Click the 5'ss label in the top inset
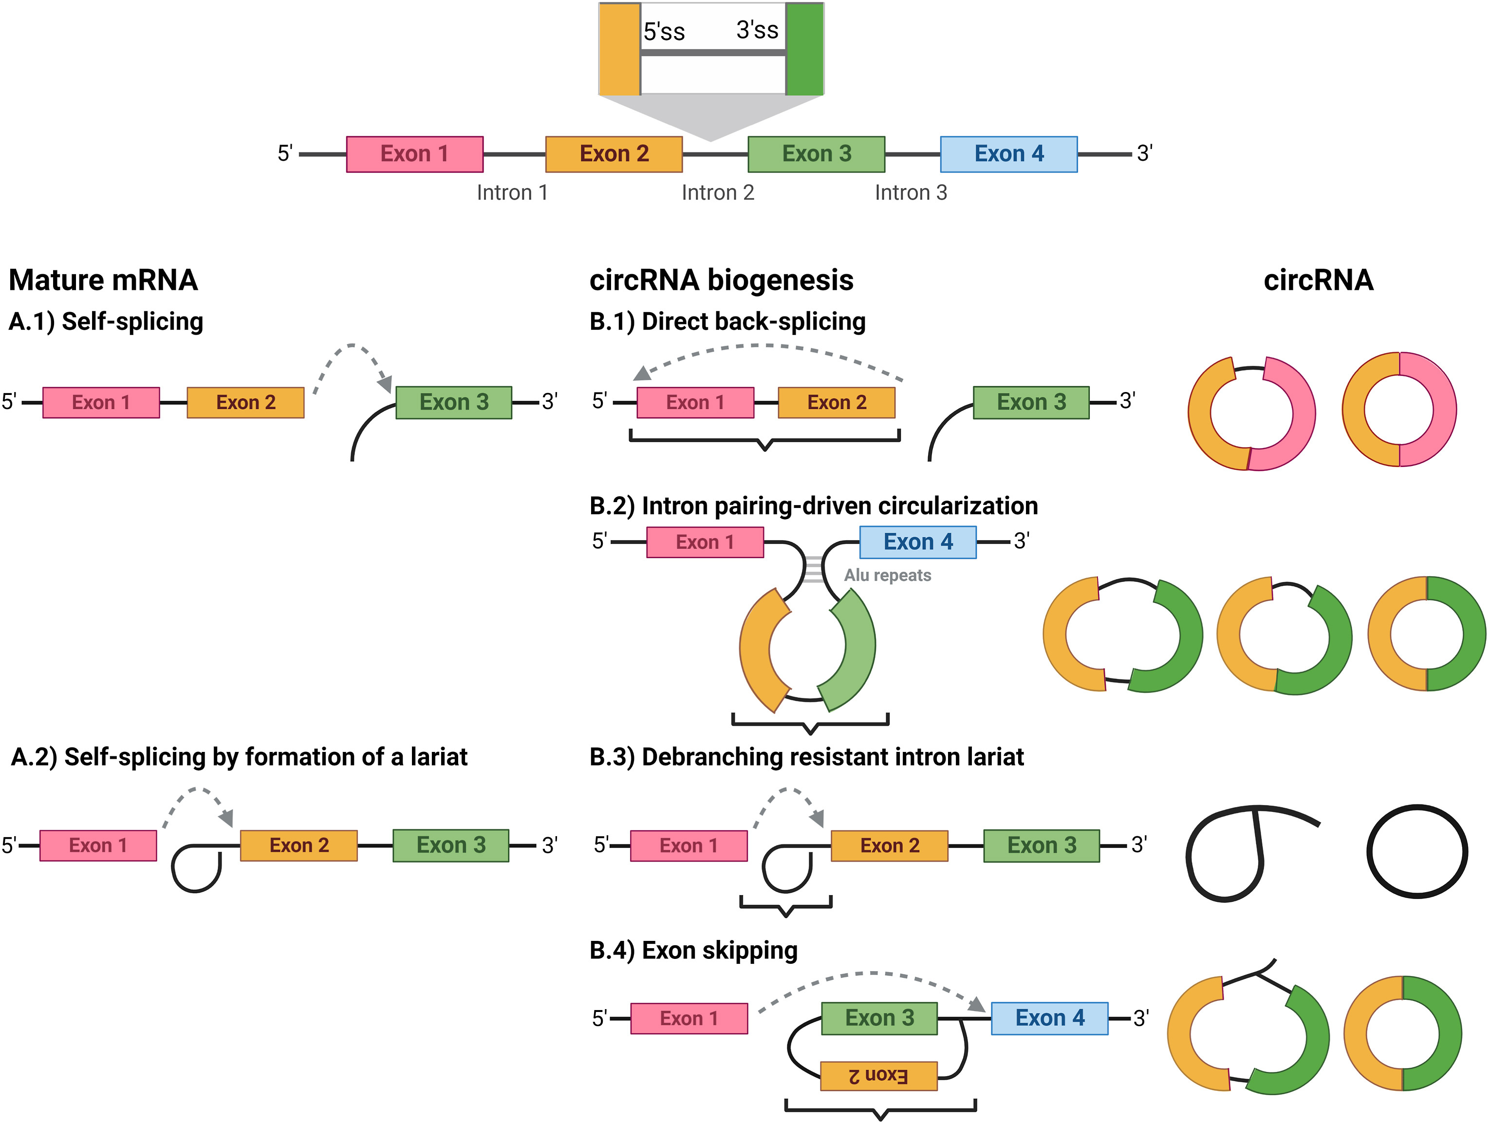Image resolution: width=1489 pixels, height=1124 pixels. coord(664,32)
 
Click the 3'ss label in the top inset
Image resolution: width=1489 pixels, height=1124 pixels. coord(757,30)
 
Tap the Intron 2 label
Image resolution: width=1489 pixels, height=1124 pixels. coord(718,192)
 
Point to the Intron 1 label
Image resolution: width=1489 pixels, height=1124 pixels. coord(512,192)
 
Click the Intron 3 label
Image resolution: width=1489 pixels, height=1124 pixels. coord(911,192)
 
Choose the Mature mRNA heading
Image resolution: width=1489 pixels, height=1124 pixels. coord(103,280)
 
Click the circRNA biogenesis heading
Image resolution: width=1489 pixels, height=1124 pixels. coord(721,280)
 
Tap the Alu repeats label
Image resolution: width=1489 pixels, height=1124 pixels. coord(887,575)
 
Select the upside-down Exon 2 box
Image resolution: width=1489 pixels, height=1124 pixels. coord(878,1075)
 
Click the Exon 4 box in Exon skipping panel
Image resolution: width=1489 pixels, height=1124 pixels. coord(1049,1018)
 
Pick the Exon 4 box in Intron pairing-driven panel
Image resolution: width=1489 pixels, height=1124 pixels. coord(917,542)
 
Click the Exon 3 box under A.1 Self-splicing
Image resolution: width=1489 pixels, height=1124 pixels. coord(454,403)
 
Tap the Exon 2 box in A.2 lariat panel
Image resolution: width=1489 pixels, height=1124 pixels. coord(299,845)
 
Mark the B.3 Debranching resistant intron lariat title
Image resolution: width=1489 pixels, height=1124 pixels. coord(806,757)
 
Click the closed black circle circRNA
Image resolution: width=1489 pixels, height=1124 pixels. coord(1417,851)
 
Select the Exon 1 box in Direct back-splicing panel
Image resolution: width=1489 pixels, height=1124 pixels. coord(695,403)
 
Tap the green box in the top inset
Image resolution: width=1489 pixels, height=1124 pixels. coord(804,49)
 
